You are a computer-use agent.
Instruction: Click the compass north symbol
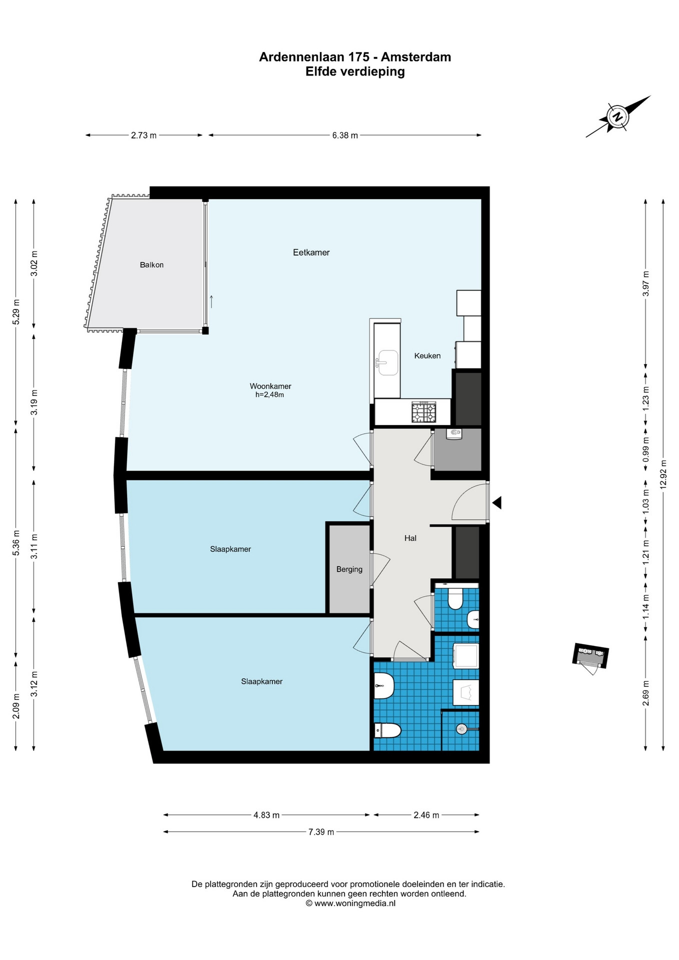(618, 116)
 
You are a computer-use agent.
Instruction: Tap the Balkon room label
(151, 265)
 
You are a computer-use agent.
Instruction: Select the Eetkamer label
(311, 252)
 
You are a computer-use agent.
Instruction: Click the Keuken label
(427, 356)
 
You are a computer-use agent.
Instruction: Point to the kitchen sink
(387, 362)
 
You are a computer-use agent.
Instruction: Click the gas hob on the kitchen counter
(423, 412)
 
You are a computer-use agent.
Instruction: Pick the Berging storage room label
(349, 569)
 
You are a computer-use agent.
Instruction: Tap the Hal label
(410, 538)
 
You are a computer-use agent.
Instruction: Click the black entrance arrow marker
(497, 503)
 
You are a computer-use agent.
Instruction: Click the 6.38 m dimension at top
(345, 135)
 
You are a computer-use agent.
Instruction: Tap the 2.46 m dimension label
(426, 815)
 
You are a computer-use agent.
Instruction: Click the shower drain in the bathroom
(461, 729)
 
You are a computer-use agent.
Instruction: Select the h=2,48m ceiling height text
(269, 395)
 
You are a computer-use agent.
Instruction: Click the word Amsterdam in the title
(416, 57)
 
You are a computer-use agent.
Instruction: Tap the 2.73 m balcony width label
(143, 135)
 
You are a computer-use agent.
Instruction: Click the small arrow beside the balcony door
(211, 301)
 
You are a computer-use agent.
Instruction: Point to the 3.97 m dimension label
(645, 283)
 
